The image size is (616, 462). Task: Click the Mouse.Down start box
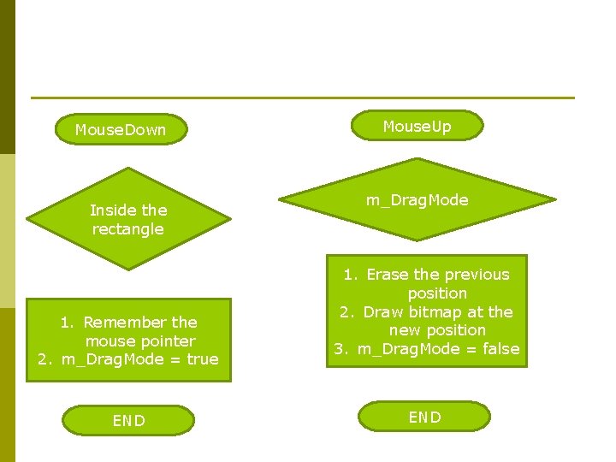pos(121,130)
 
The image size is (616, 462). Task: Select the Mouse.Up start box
pos(417,127)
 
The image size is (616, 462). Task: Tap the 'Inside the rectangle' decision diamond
pos(128,219)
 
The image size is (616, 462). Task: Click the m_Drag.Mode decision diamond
pos(418,200)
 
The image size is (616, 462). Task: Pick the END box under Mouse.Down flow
pos(129,420)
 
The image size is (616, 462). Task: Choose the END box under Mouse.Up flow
pos(424,417)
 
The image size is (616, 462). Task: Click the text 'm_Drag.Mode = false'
pos(438,349)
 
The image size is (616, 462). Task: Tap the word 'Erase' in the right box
pos(388,275)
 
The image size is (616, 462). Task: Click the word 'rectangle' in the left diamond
pos(128,229)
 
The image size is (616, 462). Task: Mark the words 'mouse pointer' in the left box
pos(140,341)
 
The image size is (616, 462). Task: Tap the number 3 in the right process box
pos(340,349)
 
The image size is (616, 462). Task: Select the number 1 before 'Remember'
pos(65,323)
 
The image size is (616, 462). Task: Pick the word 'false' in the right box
pos(500,349)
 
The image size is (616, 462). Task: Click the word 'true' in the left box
pos(202,359)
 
